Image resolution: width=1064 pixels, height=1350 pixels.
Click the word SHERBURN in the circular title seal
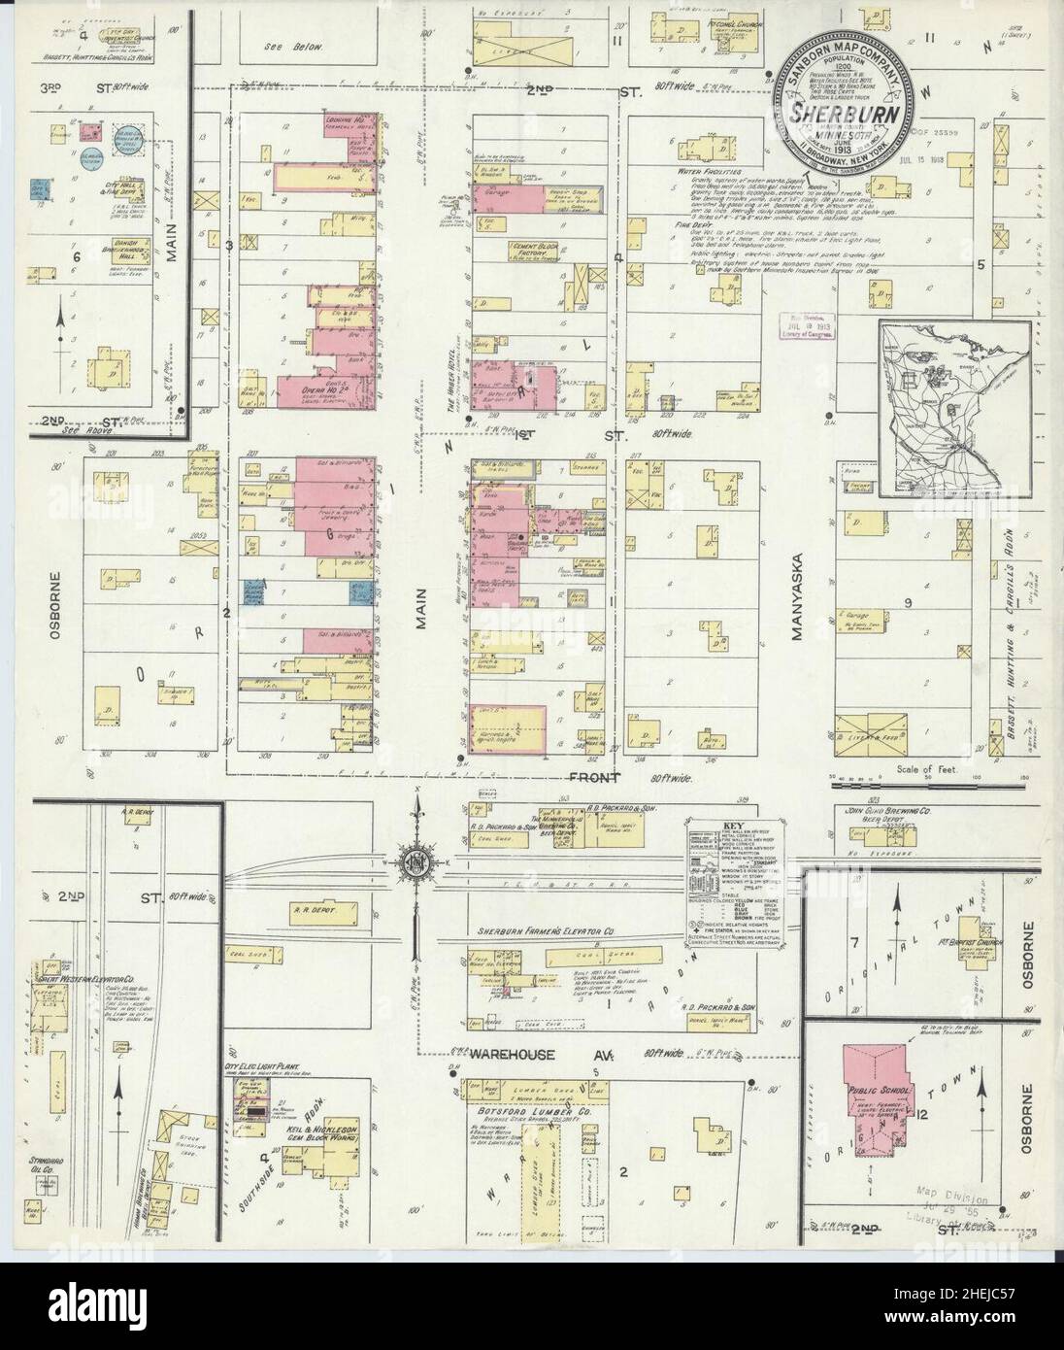point(842,115)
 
